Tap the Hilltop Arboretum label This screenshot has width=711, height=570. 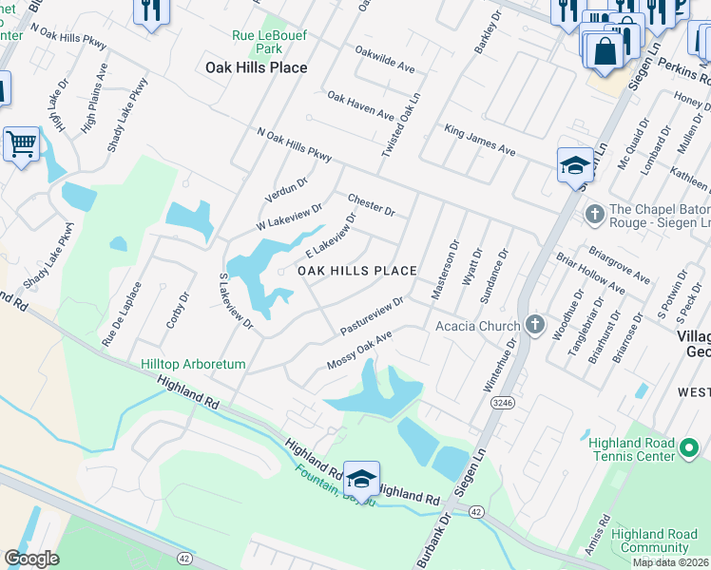point(193,364)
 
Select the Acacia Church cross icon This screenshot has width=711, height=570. point(535,326)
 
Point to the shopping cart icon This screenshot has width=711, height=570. point(21,144)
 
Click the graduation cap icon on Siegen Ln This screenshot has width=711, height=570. point(575,165)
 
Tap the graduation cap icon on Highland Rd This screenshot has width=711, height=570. point(361,478)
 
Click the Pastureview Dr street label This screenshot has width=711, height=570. point(372,314)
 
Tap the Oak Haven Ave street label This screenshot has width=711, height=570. point(360,106)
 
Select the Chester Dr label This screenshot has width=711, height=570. point(371,203)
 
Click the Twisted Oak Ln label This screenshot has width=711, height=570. point(401,128)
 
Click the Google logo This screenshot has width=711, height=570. point(31,559)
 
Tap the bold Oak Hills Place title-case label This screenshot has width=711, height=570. point(257,67)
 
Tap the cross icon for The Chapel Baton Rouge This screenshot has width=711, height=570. point(595,212)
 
